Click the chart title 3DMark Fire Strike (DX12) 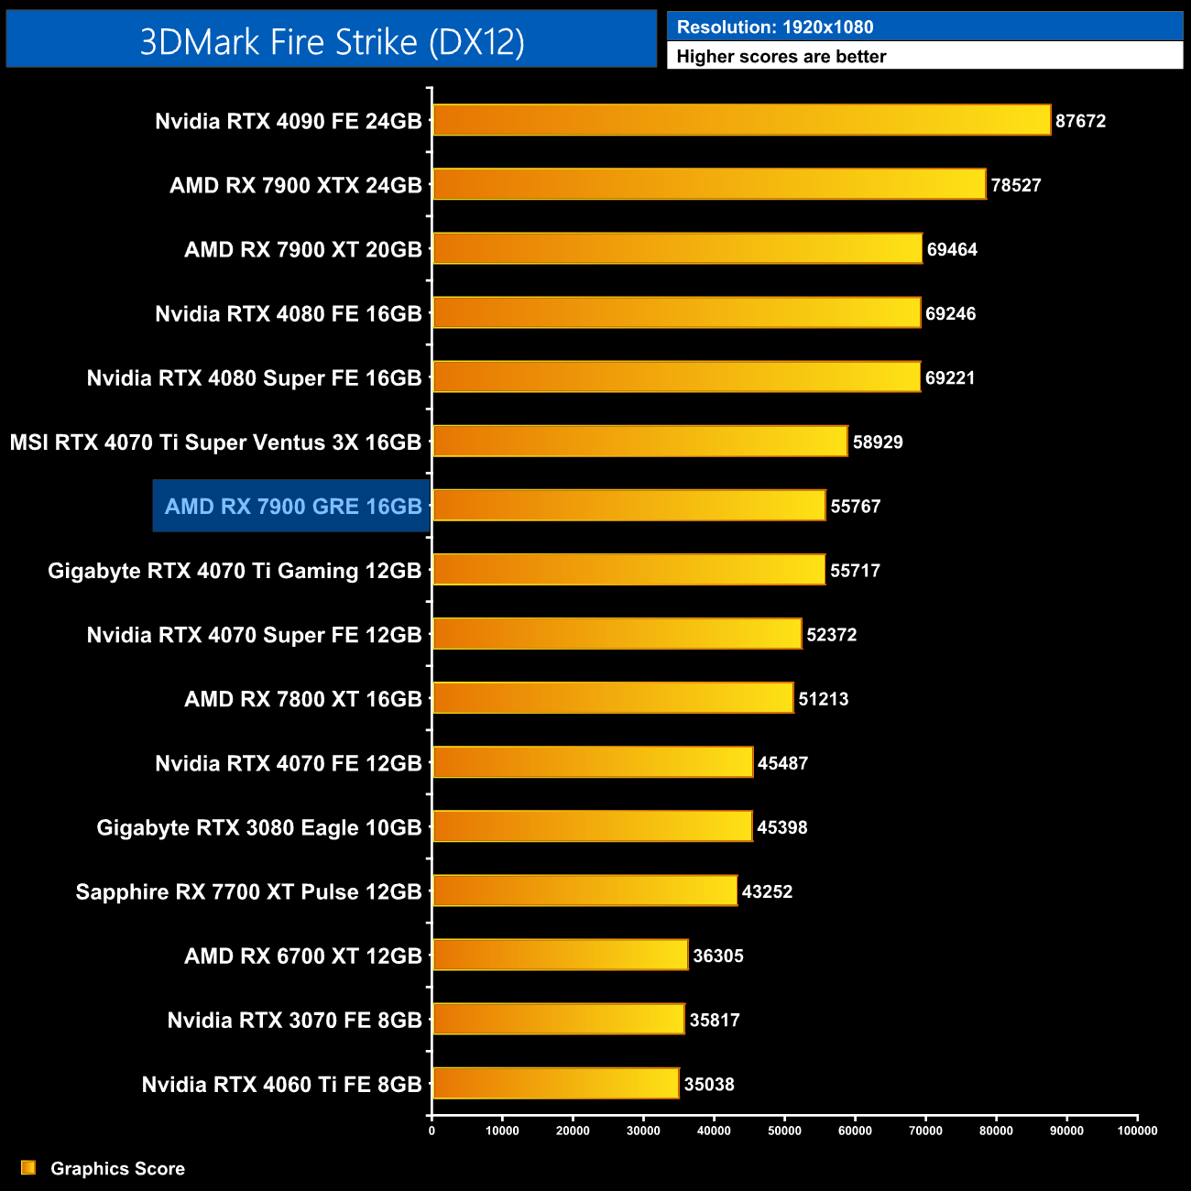tap(332, 42)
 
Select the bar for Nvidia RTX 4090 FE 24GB tap(741, 120)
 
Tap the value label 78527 tap(1016, 185)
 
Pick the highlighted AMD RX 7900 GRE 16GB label tap(293, 507)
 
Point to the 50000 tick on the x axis tap(784, 1131)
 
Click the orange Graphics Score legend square tap(28, 1167)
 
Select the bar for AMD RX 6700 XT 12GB tap(560, 956)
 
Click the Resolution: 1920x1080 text tap(775, 27)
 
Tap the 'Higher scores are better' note tap(781, 57)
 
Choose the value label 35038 tap(709, 1085)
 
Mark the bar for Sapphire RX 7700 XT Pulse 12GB tap(585, 891)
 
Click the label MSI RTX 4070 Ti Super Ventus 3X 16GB tap(215, 443)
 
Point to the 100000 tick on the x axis tap(1137, 1131)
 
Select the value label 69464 tap(952, 249)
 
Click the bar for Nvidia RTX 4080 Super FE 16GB tap(676, 377)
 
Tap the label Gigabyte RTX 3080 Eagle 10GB tap(259, 828)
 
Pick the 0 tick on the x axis tap(432, 1131)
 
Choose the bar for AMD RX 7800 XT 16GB tap(613, 699)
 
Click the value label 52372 tap(831, 635)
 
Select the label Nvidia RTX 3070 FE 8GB tap(294, 1021)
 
